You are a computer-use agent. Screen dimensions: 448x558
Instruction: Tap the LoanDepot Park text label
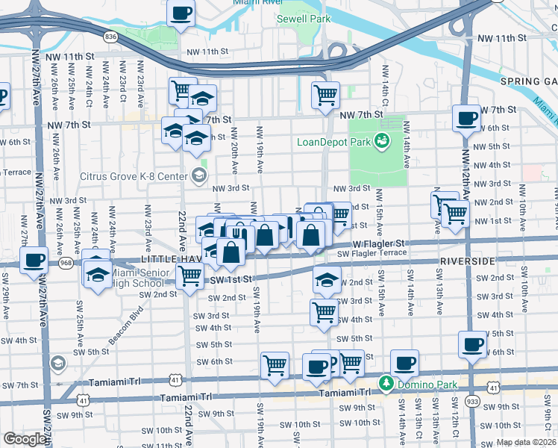333,142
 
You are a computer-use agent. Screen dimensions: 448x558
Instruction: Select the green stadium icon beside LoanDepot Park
381,140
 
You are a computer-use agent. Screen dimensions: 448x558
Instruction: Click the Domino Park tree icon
386,383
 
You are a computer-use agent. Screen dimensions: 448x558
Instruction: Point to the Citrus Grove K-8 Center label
134,176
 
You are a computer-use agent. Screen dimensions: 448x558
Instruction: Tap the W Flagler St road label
378,243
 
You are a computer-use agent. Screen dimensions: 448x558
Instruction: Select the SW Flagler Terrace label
372,253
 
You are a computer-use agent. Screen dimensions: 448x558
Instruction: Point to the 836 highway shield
111,36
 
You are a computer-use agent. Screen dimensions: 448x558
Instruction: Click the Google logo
25,438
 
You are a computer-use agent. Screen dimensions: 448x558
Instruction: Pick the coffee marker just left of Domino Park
316,365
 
